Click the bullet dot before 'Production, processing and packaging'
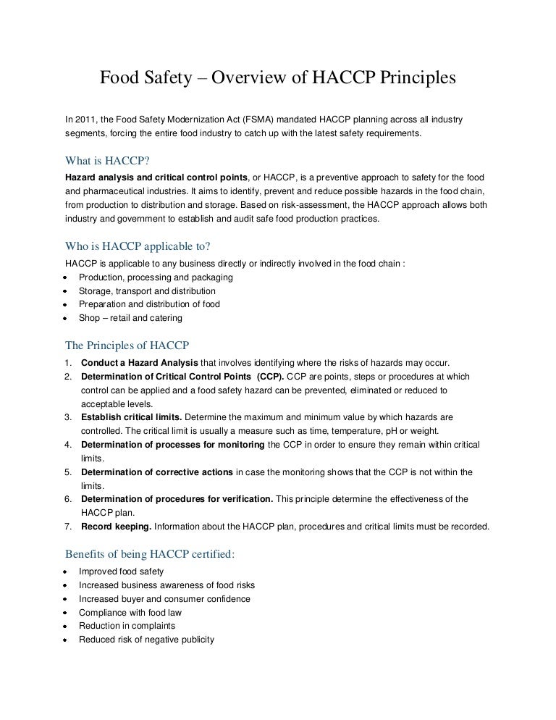point(65,278)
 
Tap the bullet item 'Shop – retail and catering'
point(130,318)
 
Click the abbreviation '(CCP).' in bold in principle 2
point(267,377)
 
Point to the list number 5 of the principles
point(67,472)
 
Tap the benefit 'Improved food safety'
point(121,572)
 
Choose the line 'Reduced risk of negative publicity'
point(146,640)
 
